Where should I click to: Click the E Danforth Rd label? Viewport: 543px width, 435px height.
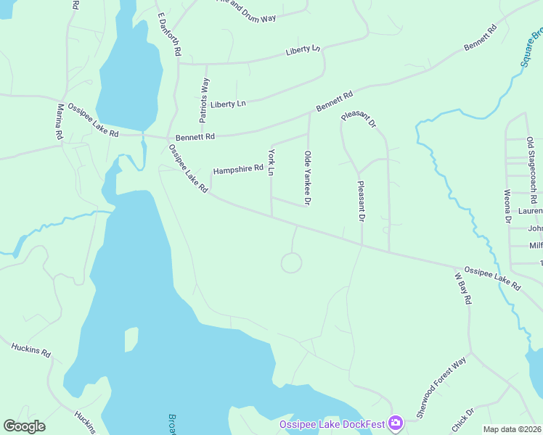click(x=168, y=35)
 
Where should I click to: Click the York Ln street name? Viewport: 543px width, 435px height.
click(x=271, y=162)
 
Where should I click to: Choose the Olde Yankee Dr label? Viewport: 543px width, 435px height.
click(x=308, y=178)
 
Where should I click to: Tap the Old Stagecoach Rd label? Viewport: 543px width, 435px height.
click(x=531, y=170)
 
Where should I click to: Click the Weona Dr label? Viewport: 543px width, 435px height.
click(x=507, y=205)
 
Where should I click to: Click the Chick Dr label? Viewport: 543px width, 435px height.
click(x=463, y=419)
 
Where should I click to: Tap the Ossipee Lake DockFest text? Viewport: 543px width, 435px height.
click(x=332, y=423)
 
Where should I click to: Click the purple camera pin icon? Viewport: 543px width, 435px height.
click(x=395, y=422)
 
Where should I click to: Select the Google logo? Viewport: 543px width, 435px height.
click(x=24, y=426)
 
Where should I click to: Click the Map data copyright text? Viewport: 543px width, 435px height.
click(x=513, y=429)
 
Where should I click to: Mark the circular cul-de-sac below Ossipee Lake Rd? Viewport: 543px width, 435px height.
click(x=291, y=262)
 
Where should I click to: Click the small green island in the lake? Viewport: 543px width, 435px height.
click(x=131, y=339)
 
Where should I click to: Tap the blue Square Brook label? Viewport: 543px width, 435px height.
click(x=532, y=48)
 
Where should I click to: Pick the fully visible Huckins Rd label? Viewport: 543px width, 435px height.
click(x=30, y=349)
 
